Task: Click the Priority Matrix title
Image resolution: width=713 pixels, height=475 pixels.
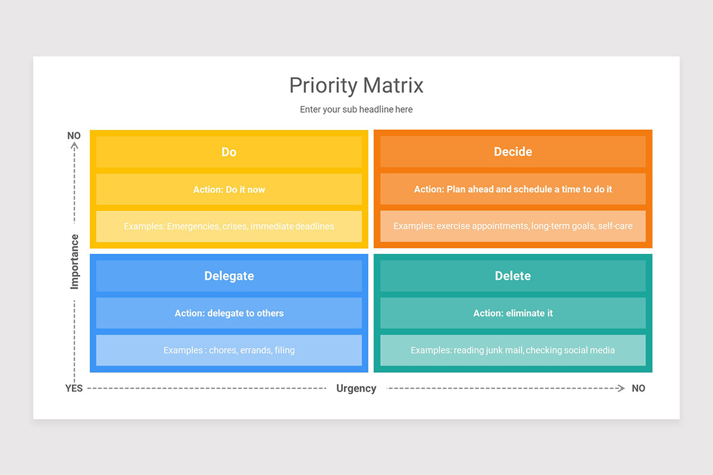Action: coord(356,85)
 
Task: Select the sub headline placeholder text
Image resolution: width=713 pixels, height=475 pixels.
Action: coord(356,109)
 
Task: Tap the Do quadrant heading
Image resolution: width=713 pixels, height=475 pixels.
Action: coord(229,152)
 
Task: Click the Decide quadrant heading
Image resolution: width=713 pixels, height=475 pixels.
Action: coord(513,152)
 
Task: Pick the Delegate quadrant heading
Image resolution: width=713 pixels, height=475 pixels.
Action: coord(229,276)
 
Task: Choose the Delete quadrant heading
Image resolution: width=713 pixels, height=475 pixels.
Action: coord(513,276)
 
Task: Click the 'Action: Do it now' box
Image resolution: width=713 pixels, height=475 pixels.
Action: coord(229,189)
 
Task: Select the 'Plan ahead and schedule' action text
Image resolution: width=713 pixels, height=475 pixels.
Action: coord(513,189)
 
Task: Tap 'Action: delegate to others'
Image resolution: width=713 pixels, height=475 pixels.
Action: coord(229,313)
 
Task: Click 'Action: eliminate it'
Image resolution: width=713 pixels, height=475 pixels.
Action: coord(513,313)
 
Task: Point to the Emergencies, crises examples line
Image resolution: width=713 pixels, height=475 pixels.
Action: coord(229,226)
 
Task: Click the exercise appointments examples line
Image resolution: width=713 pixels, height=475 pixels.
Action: coord(513,226)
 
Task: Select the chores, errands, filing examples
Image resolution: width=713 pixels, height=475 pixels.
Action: coord(229,350)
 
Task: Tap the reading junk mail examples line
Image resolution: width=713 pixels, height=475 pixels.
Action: coord(513,350)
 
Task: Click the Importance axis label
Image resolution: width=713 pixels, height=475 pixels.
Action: coord(74,262)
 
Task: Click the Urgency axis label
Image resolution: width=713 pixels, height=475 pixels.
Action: coord(356,388)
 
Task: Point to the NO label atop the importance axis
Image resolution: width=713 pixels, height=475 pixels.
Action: coord(74,136)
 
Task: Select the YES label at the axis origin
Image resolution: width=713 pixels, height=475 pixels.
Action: coord(74,388)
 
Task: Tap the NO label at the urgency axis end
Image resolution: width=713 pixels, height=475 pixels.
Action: coord(638,388)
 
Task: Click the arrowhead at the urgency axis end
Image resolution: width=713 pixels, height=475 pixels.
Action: coord(621,388)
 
